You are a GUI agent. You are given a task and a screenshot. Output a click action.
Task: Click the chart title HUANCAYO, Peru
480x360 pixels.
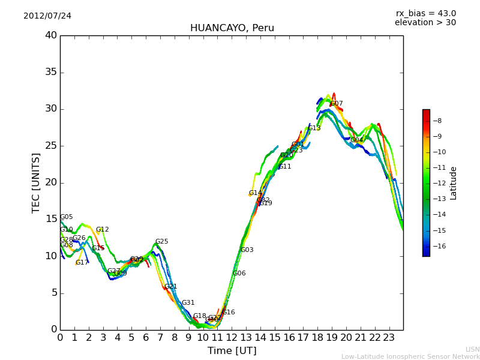click(232, 28)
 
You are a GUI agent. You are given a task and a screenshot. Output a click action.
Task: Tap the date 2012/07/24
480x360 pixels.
click(47, 16)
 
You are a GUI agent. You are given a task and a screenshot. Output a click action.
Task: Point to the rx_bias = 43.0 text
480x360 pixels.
click(425, 13)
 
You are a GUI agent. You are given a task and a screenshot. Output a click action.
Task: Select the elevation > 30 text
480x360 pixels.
click(425, 23)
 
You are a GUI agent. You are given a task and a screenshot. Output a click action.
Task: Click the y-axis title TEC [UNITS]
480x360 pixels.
click(36, 182)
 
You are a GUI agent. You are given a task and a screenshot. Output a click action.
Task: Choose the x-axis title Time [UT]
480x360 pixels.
click(232, 351)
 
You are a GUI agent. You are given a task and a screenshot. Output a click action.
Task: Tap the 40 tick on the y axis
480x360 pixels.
click(51, 35)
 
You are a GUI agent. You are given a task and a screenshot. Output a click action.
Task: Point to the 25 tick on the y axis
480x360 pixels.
click(51, 146)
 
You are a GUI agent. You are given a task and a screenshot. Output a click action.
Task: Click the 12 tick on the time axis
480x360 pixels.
click(232, 337)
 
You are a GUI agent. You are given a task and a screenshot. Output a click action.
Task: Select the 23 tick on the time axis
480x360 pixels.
click(389, 337)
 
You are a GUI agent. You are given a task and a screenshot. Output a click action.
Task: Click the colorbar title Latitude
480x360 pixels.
click(454, 183)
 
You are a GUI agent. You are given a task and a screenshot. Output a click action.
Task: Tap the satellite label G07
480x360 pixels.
click(337, 104)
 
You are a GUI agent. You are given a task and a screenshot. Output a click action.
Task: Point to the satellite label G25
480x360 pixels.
click(162, 242)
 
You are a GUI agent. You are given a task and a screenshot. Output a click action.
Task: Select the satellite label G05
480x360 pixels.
click(67, 217)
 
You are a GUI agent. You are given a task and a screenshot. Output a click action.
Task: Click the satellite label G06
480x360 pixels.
click(239, 274)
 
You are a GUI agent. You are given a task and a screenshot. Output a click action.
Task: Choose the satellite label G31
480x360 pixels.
click(188, 303)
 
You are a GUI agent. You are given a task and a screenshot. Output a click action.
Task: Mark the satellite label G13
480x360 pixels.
click(314, 128)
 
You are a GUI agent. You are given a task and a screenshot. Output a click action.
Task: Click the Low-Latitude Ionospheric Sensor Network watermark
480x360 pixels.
click(410, 356)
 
